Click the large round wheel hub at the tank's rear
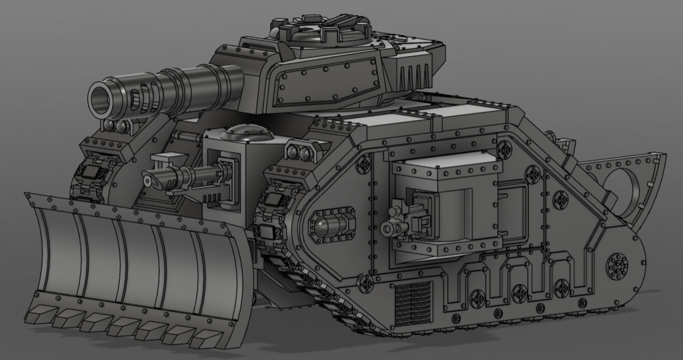[x=619, y=266]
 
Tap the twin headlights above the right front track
[x=299, y=154]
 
